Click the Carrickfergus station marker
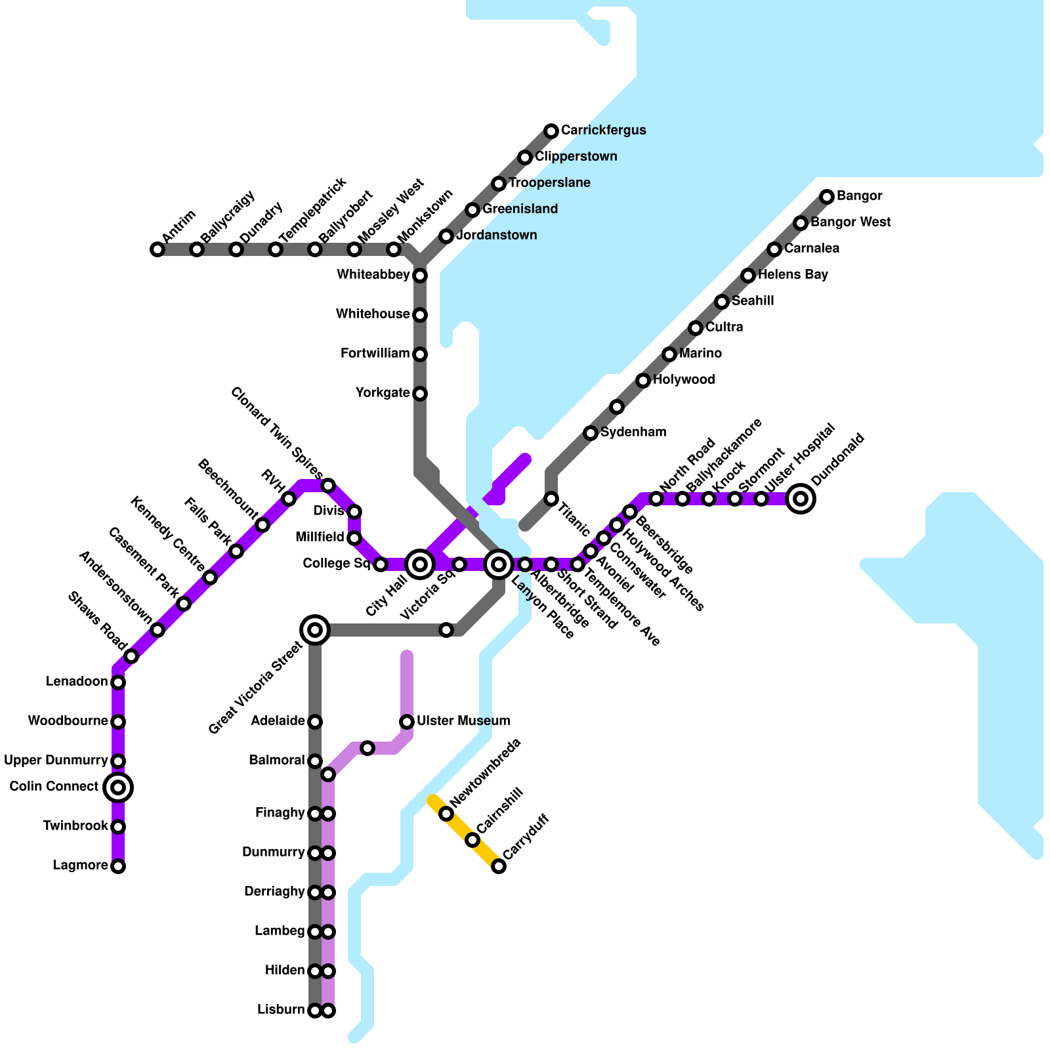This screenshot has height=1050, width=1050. (551, 131)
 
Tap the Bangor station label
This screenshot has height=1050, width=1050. (859, 196)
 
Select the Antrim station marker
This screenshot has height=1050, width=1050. (157, 249)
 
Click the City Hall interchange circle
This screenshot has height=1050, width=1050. (420, 564)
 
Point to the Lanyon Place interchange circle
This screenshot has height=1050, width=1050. (499, 564)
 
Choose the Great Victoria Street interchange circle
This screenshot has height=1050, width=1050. (315, 630)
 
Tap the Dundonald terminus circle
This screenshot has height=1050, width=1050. (801, 499)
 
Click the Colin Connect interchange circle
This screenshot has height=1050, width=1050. (118, 787)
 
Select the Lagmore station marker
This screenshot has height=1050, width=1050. (118, 866)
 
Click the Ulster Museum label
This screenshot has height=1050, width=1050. (463, 721)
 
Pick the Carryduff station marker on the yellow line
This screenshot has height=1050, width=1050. (499, 866)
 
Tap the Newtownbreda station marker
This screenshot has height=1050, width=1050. (446, 814)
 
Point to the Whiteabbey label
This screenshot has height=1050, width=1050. (373, 275)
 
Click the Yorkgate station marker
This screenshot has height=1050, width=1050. (420, 394)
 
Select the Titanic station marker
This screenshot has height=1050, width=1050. (551, 499)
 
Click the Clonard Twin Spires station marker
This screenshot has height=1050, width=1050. (328, 486)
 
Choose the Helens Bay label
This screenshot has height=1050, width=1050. (793, 275)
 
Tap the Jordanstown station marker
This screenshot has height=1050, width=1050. (446, 236)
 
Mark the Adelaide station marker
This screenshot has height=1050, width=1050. (315, 722)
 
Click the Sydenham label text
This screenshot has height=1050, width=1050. (633, 432)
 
